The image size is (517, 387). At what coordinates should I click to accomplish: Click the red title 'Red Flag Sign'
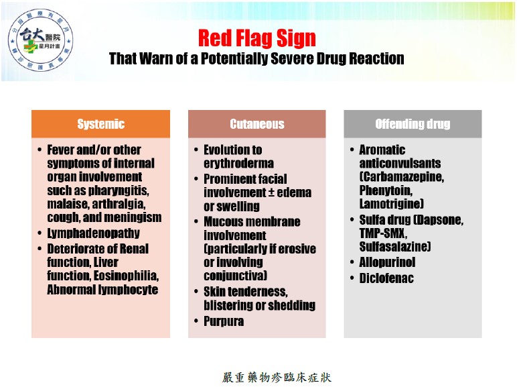(257, 38)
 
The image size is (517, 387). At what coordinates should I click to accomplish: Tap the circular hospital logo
(40, 41)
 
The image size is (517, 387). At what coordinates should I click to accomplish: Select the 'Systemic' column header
(101, 124)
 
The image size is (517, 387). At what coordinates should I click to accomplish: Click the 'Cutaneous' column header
(257, 124)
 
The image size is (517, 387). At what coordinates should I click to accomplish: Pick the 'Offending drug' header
(413, 124)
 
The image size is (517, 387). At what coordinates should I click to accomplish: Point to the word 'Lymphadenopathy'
(93, 233)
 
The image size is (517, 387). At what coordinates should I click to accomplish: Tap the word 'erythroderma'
(238, 164)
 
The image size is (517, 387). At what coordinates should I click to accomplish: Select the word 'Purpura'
(224, 321)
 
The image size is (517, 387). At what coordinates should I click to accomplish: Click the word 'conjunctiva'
(235, 276)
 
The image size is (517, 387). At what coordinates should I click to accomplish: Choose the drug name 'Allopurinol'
(387, 262)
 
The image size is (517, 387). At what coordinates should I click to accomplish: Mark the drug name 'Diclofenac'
(386, 278)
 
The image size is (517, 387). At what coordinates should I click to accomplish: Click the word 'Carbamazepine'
(402, 177)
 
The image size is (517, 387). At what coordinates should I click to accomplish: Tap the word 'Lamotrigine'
(391, 204)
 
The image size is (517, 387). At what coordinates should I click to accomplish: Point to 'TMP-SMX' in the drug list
(383, 233)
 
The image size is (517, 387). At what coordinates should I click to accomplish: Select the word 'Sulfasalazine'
(394, 247)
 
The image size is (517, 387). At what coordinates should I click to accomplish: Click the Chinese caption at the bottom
(277, 378)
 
